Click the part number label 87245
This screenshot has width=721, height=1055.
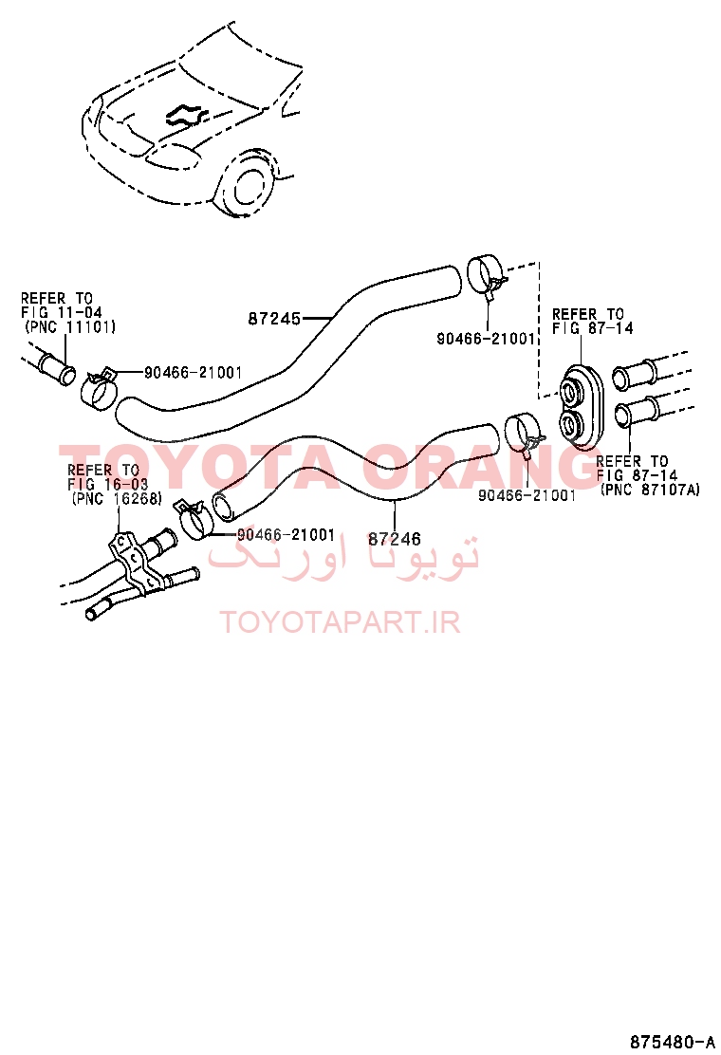coord(274,318)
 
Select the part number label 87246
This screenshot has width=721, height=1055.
coord(394,538)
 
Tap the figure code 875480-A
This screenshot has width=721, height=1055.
coord(672,1042)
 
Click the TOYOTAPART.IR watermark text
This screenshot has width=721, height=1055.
coord(341,622)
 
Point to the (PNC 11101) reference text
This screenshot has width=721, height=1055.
coord(70,327)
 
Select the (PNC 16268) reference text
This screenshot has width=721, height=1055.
coord(117,499)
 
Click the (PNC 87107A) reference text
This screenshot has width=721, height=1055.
coord(650,490)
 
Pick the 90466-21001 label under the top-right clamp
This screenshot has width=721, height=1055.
coord(486,339)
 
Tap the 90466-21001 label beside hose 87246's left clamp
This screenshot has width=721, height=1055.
coord(286,535)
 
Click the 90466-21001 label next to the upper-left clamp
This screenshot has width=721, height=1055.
coord(193,372)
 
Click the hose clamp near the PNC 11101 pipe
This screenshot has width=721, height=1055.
coord(100,388)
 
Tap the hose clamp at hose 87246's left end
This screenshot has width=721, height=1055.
coord(193,519)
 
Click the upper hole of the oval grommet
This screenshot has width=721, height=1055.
coord(572,390)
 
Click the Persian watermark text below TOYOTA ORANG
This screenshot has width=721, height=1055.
coord(343,553)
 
